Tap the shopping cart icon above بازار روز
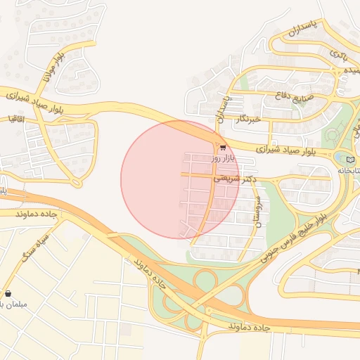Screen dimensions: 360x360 tap(223, 148)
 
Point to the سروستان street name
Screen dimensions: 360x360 tap(259, 210)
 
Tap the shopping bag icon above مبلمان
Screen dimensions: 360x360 tap(8, 293)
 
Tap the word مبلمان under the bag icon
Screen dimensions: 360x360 tap(13, 304)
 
